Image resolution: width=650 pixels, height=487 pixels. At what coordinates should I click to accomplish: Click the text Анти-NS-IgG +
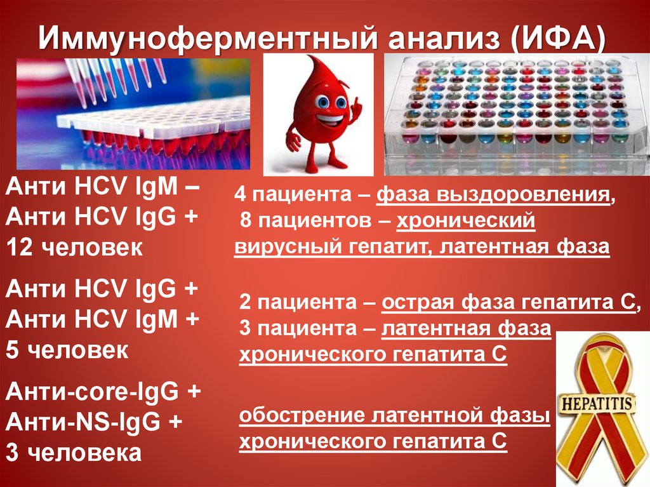pos(94,422)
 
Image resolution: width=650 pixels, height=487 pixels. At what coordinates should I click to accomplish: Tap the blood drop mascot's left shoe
pos(302,167)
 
